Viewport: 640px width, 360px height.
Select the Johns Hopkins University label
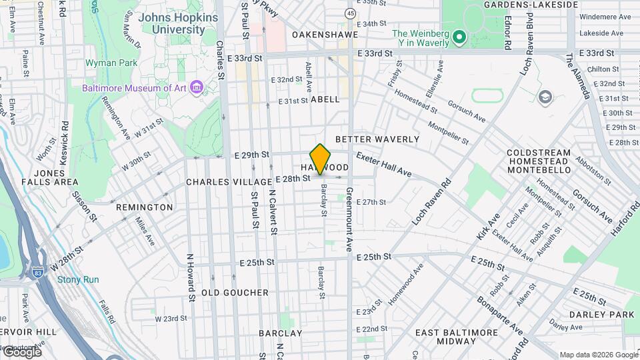pyautogui.click(x=172, y=24)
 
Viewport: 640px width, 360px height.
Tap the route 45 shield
pyautogui.click(x=350, y=13)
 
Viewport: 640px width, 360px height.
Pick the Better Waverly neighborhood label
pyautogui.click(x=377, y=139)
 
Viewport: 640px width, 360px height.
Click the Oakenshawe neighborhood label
pyautogui.click(x=325, y=34)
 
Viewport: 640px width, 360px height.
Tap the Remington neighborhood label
pyautogui.click(x=144, y=207)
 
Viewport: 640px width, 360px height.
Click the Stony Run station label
pyautogui.click(x=78, y=279)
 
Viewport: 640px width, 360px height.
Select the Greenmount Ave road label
pyautogui.click(x=349, y=219)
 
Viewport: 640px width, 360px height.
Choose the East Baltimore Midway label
pyautogui.click(x=457, y=337)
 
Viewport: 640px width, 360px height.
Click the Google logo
pyautogui.click(x=22, y=352)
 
